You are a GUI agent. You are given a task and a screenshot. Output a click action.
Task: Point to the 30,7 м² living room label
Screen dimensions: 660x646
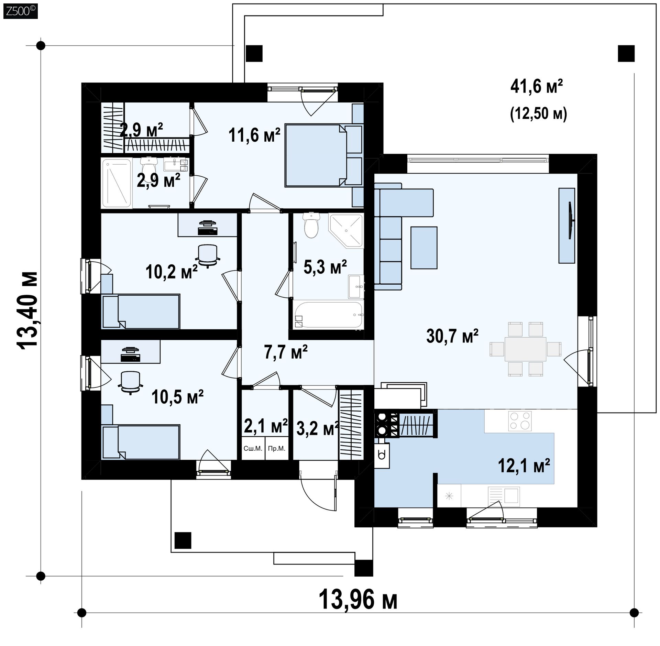click(x=452, y=336)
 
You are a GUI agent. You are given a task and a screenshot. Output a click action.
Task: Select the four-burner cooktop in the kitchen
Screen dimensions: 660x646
click(x=519, y=421)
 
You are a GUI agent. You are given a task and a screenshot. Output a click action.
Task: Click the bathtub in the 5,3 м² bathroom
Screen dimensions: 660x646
click(x=329, y=314)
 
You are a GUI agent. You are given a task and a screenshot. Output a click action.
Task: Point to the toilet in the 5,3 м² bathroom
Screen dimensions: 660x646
click(x=311, y=225)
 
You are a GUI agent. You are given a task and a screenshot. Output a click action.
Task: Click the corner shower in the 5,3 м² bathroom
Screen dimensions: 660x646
click(x=346, y=230)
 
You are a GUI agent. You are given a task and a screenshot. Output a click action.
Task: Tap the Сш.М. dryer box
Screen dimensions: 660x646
click(x=253, y=448)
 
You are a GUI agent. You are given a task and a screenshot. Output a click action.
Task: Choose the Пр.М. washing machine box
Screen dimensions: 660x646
click(x=277, y=448)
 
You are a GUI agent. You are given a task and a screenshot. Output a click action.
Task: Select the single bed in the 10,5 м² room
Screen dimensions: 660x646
click(x=141, y=442)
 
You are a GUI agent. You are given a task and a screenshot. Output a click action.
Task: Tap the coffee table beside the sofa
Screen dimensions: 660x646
click(x=424, y=248)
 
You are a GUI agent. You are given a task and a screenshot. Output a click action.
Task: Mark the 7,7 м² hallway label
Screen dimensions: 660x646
click(x=286, y=352)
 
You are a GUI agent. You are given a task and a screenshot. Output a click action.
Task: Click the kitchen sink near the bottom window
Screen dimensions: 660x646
click(x=504, y=496)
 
